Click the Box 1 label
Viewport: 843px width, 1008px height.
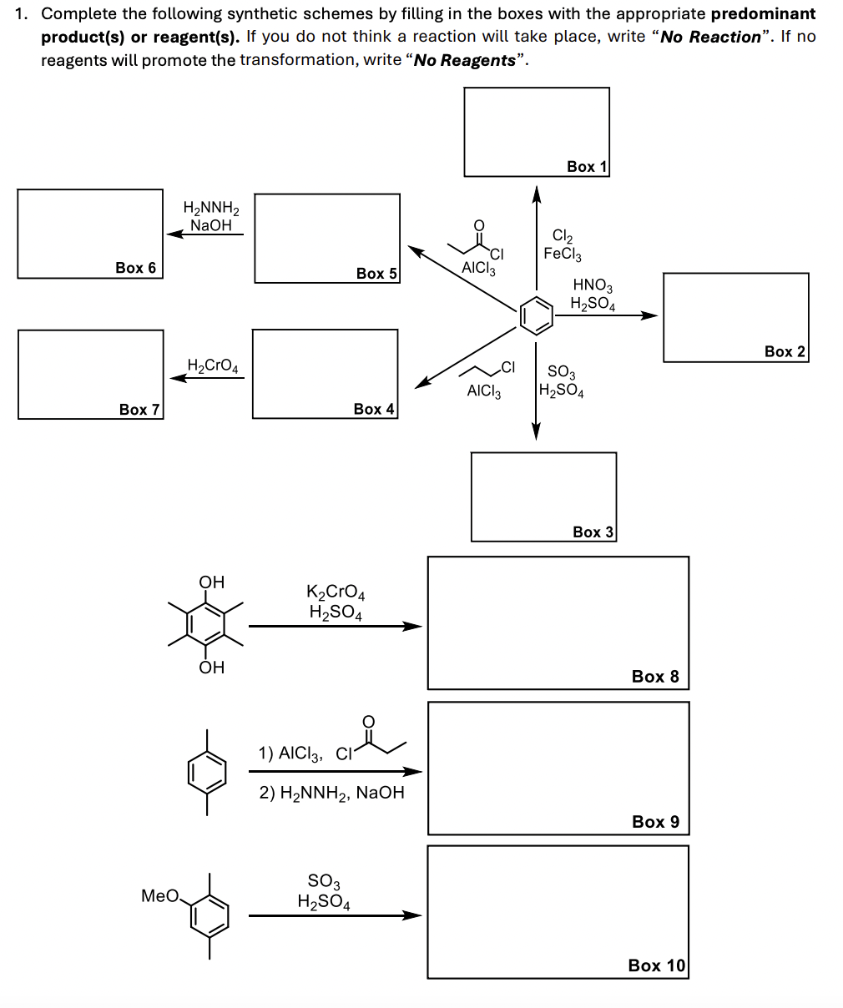587,167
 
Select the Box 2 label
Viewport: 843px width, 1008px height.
785,351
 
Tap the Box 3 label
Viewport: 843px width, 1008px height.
593,532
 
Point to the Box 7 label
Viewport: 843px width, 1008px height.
139,409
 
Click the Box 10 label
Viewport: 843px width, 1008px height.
656,965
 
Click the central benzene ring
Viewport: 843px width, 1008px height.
536,315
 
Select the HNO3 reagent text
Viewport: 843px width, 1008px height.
592,287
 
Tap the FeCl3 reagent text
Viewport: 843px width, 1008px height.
563,254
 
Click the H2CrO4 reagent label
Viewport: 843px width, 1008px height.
213,365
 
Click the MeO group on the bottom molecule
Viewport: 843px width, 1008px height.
159,896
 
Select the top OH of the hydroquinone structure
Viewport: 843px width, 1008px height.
211,582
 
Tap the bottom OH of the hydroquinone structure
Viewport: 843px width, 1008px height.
211,667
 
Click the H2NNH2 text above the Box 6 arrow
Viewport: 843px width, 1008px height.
210,208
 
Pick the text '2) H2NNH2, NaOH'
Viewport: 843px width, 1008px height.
331,793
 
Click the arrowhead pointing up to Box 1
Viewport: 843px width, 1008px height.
537,194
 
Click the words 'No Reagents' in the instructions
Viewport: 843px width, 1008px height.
465,60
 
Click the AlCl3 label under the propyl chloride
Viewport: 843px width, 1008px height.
484,391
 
